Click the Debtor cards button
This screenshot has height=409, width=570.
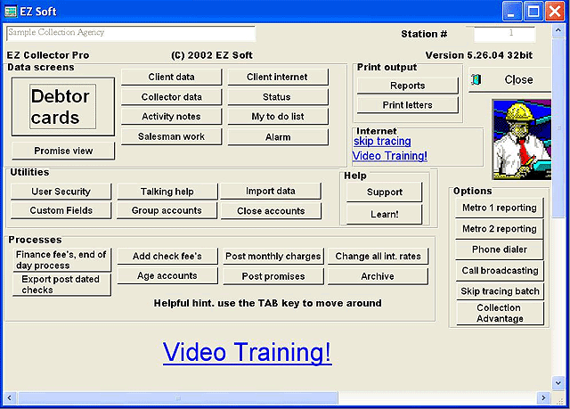tap(63, 107)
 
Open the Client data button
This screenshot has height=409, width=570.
tap(171, 77)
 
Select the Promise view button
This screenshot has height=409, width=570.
tap(63, 151)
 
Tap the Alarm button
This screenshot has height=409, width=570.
tap(278, 137)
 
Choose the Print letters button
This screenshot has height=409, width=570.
tap(408, 105)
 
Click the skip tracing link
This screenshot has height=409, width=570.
tap(382, 141)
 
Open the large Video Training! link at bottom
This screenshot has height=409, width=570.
tap(248, 352)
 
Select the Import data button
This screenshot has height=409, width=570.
tap(271, 191)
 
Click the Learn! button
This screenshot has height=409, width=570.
tap(384, 214)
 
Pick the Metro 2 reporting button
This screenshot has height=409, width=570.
tap(500, 229)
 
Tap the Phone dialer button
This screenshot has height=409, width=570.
tap(500, 249)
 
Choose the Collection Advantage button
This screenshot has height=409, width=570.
tap(500, 313)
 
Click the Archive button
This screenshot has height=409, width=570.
tap(378, 276)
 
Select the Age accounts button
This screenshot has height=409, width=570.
tap(167, 276)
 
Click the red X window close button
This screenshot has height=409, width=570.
tap(555, 12)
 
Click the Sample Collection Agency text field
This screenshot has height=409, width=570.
tap(131, 33)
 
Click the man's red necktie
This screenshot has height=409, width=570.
tap(523, 150)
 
